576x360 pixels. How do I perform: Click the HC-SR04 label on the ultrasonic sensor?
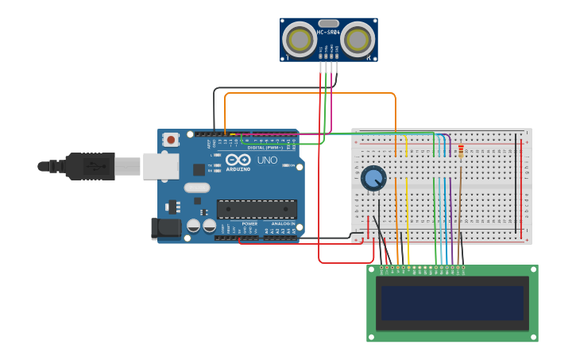(x=328, y=33)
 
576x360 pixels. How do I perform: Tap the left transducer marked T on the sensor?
(x=300, y=39)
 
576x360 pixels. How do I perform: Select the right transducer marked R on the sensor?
(x=358, y=39)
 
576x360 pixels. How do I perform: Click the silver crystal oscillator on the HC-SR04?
(x=328, y=24)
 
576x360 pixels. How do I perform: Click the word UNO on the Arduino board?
(x=267, y=161)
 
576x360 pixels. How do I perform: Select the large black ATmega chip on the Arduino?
(x=257, y=209)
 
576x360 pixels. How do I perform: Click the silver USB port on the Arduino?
(x=160, y=166)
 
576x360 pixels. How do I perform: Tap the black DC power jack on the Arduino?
(x=166, y=228)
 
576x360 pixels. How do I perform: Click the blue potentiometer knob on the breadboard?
(x=373, y=178)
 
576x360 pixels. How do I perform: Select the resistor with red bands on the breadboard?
(x=461, y=151)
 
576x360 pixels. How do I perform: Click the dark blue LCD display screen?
(x=452, y=303)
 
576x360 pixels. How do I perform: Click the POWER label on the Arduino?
(x=249, y=224)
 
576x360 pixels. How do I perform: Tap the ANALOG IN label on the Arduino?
(x=282, y=224)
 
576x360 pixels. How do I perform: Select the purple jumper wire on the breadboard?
(x=450, y=215)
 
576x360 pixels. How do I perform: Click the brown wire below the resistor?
(x=460, y=211)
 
